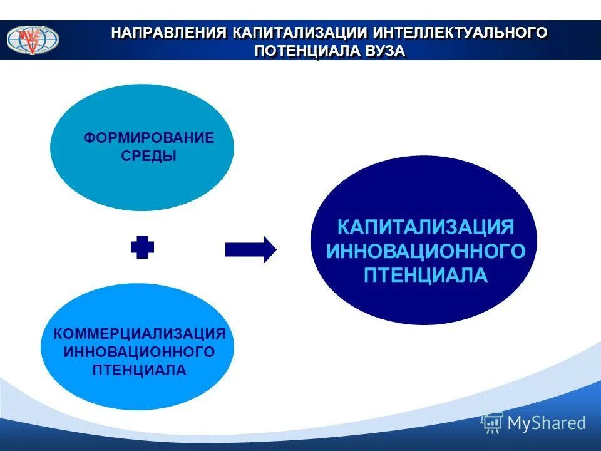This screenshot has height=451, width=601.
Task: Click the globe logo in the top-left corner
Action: point(33,39)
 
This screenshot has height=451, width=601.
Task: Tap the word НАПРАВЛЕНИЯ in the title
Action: point(168,33)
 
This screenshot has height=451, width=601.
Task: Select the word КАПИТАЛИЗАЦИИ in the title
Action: point(299,33)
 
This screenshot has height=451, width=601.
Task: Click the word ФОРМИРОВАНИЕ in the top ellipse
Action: point(148,138)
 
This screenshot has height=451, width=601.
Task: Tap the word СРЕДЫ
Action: point(148,157)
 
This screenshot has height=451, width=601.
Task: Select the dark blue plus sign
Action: point(142,249)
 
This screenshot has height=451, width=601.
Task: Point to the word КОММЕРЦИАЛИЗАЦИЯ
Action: point(139,333)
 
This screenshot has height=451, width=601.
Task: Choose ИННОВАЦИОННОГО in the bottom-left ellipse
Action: point(139,351)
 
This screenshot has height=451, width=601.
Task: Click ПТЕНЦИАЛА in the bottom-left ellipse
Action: point(139,370)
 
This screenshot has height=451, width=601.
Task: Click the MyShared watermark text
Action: point(547,423)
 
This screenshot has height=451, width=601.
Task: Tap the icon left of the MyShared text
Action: point(492,423)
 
